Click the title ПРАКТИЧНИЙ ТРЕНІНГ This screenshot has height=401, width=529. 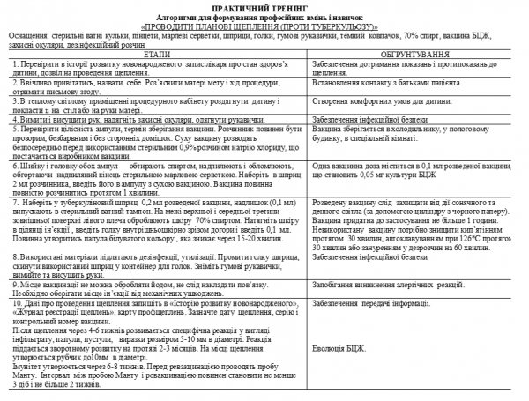click(264, 6)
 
